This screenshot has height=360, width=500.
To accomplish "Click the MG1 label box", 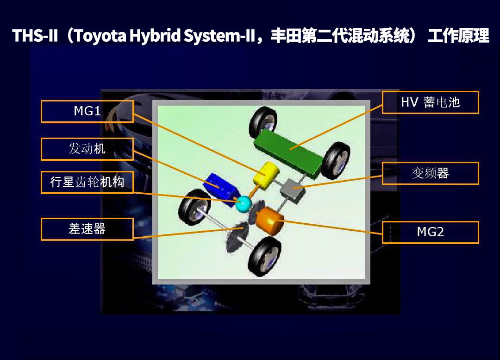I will coord(87,112).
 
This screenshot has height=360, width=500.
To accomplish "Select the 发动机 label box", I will coord(87,149).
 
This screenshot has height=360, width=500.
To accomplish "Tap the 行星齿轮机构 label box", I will coord(87,182).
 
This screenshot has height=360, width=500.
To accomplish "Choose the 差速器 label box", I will coord(87,229).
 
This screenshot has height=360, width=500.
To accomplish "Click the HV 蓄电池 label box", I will coord(430,102).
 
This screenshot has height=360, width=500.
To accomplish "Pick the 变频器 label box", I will coord(430,173).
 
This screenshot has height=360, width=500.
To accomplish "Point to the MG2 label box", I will coord(430,232).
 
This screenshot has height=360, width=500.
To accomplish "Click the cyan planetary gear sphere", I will coord(243,204).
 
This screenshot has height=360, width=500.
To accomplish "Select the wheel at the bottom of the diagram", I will coord(264,256).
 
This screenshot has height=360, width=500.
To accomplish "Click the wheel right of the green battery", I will coord(335,160).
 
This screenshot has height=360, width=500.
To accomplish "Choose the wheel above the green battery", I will coord(263,122).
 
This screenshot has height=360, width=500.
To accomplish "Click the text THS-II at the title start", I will coord(34,36).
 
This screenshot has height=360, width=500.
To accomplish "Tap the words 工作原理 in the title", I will coord(458,36).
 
